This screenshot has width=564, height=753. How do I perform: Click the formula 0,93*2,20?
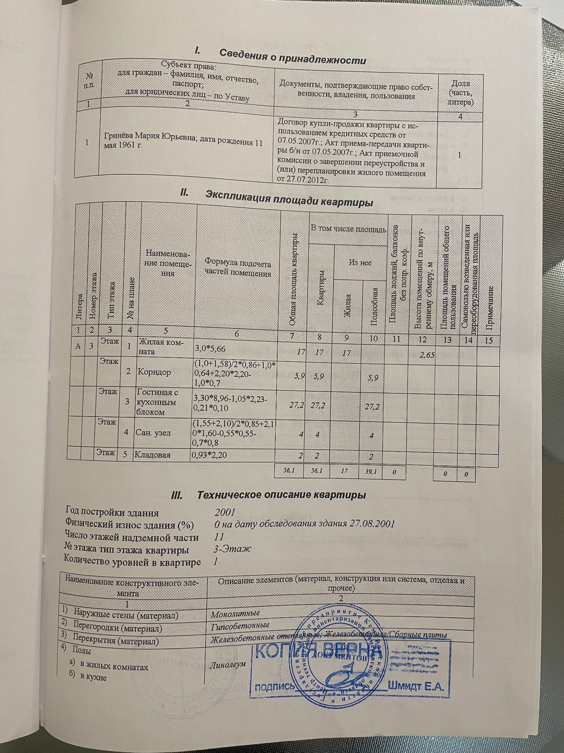(209, 455)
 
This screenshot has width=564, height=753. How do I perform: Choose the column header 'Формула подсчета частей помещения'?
(238, 268)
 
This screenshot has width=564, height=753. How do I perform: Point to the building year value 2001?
(225, 513)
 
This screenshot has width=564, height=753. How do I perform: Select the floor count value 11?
(219, 536)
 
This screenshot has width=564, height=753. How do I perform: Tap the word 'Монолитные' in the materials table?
(235, 613)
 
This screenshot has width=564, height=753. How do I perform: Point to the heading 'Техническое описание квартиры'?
(281, 495)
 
